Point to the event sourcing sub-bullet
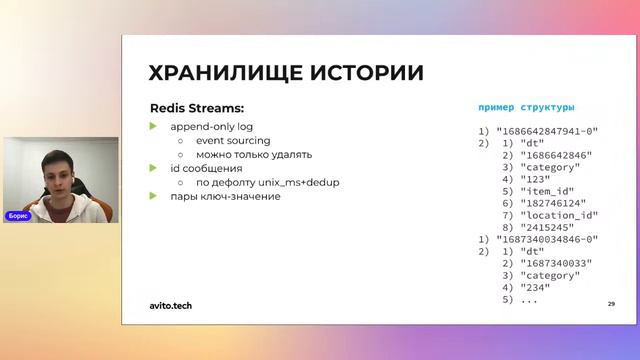tap(232, 140)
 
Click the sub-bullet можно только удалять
tap(253, 154)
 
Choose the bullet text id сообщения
tap(206, 168)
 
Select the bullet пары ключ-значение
tap(225, 196)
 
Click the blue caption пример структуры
tap(527, 107)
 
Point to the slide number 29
tap(610, 303)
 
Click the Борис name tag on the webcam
tap(18, 215)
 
